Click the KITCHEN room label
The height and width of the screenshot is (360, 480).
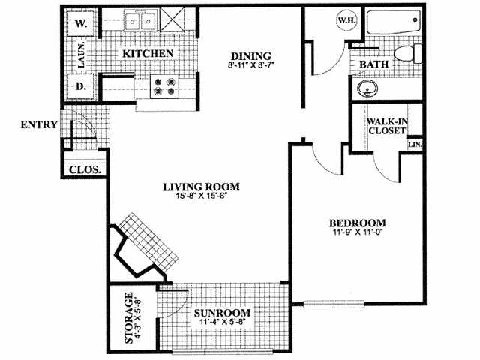tap(148, 54)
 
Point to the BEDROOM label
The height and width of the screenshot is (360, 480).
tap(357, 223)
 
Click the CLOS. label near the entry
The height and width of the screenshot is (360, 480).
tap(85, 169)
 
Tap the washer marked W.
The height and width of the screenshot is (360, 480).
tap(81, 24)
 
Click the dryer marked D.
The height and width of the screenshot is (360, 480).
tap(81, 86)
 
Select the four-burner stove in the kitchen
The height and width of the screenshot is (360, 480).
tap(164, 87)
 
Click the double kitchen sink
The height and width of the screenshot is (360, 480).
tap(141, 21)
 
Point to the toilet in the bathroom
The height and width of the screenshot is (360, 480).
tap(403, 55)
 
